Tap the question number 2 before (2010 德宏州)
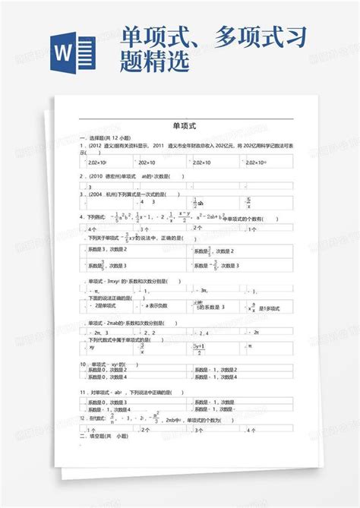coord(81,175)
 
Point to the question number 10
coord(83,364)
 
